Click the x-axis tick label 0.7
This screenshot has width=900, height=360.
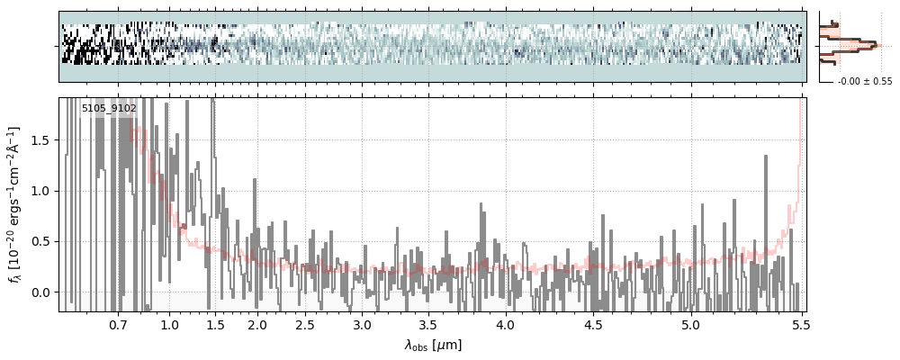pyautogui.click(x=118, y=324)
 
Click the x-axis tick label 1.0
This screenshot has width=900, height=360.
pyautogui.click(x=169, y=324)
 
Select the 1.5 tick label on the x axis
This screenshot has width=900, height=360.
pyautogui.click(x=216, y=324)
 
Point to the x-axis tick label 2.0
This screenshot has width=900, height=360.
pyautogui.click(x=257, y=324)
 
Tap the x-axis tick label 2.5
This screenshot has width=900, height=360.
pyautogui.click(x=305, y=324)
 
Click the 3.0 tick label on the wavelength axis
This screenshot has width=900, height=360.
pyautogui.click(x=362, y=324)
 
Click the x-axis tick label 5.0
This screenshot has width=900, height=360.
pyautogui.click(x=690, y=324)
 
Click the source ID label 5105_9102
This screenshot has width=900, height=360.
pyautogui.click(x=109, y=109)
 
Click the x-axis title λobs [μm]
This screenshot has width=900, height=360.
pyautogui.click(x=433, y=345)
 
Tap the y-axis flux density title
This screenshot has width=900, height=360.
pyautogui.click(x=16, y=204)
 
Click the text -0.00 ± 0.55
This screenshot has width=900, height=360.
pyautogui.click(x=864, y=82)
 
